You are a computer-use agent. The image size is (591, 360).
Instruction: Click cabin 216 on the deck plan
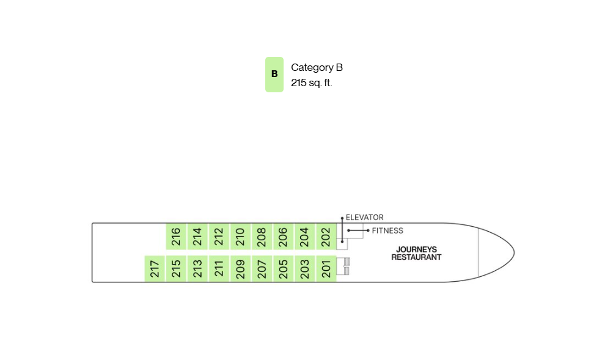click(x=176, y=237)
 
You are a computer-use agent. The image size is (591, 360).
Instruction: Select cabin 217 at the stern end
click(x=155, y=268)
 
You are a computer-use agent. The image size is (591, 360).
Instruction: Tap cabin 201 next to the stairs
click(x=326, y=268)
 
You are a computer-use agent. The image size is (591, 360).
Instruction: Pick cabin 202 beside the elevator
click(x=326, y=237)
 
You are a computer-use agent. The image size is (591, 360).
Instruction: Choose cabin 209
click(x=240, y=268)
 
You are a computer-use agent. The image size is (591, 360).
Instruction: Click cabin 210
click(x=240, y=237)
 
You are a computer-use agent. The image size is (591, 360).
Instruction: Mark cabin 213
click(x=197, y=268)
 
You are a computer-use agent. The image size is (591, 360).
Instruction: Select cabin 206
click(x=283, y=237)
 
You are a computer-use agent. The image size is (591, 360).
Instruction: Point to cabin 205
click(x=283, y=268)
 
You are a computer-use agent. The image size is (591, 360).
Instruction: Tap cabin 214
click(x=197, y=237)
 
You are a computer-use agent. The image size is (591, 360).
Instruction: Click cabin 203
click(x=304, y=268)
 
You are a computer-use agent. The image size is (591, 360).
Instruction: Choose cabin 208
click(x=262, y=237)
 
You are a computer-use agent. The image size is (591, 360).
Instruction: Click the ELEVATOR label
click(x=364, y=218)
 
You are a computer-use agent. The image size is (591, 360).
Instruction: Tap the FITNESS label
click(x=387, y=230)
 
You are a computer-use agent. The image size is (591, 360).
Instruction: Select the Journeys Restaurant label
click(x=416, y=253)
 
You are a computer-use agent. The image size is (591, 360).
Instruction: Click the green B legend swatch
click(x=274, y=75)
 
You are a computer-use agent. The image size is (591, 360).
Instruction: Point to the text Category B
click(x=317, y=67)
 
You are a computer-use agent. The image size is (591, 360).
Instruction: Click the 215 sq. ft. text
click(x=311, y=83)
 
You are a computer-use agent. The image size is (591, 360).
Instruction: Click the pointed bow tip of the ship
click(x=514, y=252)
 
